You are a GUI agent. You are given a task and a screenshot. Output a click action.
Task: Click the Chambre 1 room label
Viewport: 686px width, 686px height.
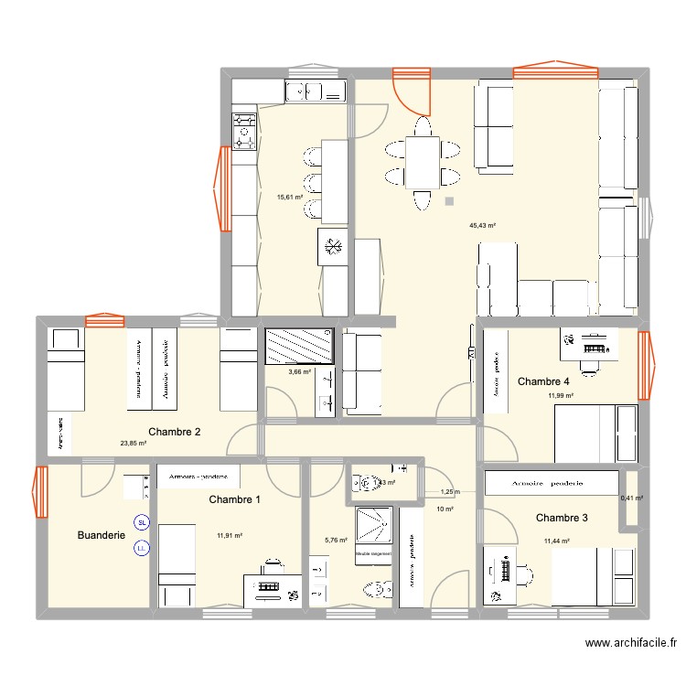[x=234, y=499]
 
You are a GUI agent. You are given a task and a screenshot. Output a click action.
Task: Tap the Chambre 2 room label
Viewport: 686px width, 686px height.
[x=174, y=432]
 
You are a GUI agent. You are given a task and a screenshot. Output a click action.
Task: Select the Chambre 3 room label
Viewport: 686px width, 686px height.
[x=562, y=518]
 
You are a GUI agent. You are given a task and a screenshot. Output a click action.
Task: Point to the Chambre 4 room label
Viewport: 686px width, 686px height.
[x=544, y=381]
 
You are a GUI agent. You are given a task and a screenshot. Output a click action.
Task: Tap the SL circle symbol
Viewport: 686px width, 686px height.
[x=141, y=523]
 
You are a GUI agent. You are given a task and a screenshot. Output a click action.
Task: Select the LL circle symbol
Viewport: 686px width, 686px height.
[x=141, y=549]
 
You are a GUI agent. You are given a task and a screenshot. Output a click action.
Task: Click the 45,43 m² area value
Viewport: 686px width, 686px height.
[x=482, y=225]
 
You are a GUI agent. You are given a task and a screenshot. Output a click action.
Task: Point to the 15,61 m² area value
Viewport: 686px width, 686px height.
[x=290, y=196]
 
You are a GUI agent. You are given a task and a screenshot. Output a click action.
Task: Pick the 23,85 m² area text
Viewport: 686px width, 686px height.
[x=134, y=444]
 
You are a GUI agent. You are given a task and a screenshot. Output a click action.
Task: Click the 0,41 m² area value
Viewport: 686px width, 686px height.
[x=631, y=498]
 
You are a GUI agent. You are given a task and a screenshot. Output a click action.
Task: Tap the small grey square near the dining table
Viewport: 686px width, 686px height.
[x=448, y=201]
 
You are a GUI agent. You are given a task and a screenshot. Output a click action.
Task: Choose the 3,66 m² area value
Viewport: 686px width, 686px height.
[x=300, y=372]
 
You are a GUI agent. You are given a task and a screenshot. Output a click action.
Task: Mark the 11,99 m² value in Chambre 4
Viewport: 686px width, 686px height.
[x=561, y=396]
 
